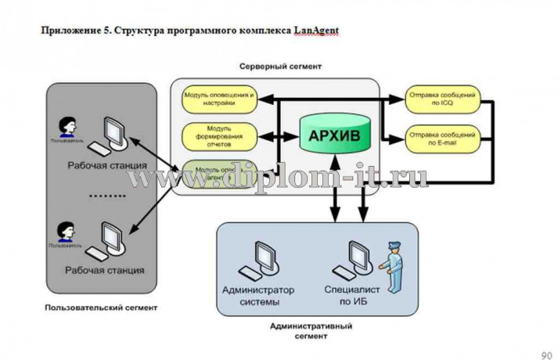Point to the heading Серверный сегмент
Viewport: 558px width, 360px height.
click(x=279, y=67)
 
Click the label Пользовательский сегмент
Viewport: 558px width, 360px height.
click(x=101, y=308)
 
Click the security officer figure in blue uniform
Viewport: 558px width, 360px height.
click(x=392, y=267)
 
